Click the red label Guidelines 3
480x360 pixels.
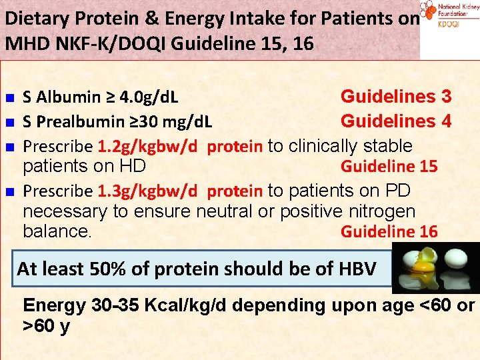tap(396, 97)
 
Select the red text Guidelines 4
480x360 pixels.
tap(396, 121)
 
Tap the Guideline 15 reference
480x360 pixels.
tap(389, 166)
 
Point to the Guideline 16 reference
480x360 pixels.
tap(389, 231)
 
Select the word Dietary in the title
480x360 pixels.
tap(33, 17)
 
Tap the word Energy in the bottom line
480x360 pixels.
tap(54, 306)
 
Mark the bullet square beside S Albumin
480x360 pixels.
tap(9, 99)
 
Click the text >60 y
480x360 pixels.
tap(46, 328)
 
